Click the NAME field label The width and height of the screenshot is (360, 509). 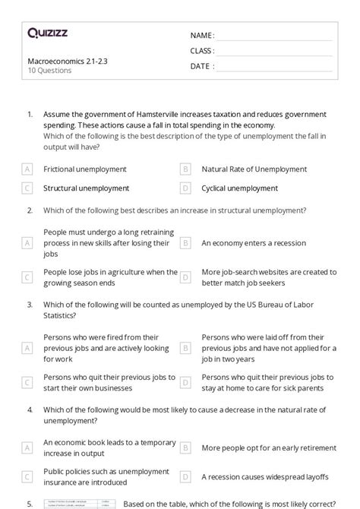(202, 36)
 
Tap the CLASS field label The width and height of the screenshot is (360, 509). (202, 51)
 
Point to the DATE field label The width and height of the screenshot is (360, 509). (202, 66)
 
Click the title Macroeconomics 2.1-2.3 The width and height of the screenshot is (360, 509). (62, 60)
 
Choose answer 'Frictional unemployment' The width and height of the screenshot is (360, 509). (85, 169)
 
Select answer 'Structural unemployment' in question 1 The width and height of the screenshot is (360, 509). (86, 188)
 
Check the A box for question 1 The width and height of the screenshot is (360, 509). (27, 169)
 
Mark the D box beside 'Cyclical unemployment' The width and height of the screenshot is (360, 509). (185, 188)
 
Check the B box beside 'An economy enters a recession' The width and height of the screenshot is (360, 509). (185, 243)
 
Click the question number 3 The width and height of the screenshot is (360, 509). (30, 305)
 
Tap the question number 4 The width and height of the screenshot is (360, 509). (30, 409)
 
